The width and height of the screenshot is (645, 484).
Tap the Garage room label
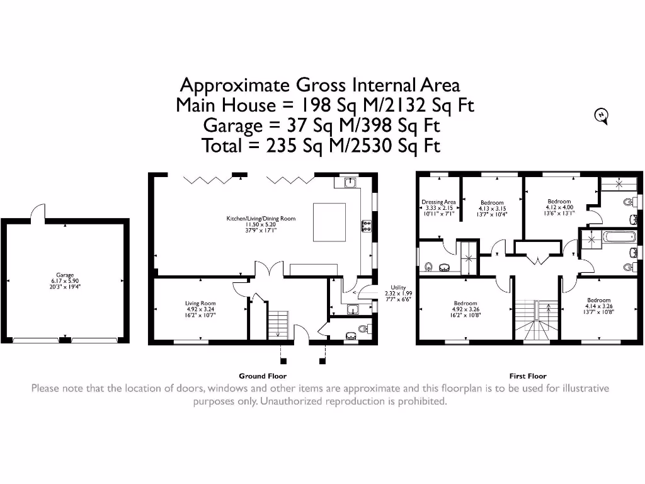coord(65,280)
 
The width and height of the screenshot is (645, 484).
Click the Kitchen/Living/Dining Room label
coord(261,224)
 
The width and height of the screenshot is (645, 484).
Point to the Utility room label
coord(398,294)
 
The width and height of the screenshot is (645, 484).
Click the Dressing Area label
coord(438,208)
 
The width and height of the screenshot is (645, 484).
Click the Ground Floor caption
coord(263,376)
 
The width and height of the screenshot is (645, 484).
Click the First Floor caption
coord(527,376)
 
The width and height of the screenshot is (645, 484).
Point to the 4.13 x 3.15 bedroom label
coord(492,209)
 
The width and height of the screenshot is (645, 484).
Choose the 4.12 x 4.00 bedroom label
coord(559,207)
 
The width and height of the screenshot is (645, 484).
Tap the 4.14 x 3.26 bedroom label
coord(598,306)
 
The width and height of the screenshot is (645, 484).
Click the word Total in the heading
coord(225,146)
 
